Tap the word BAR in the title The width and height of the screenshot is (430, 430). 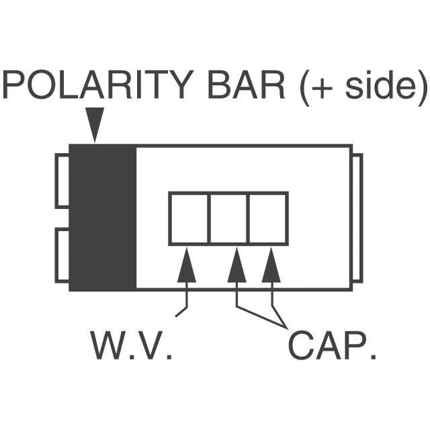tap(247, 85)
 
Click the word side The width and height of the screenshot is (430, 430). tap(381, 85)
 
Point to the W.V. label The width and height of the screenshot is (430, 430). tap(132, 345)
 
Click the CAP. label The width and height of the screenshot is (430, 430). tap(332, 345)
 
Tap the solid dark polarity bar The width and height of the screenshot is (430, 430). tap(102, 217)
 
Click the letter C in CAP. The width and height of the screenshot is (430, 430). tap(302, 345)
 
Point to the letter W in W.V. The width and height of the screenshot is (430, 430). tap(108, 345)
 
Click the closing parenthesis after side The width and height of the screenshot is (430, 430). tap(423, 88)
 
